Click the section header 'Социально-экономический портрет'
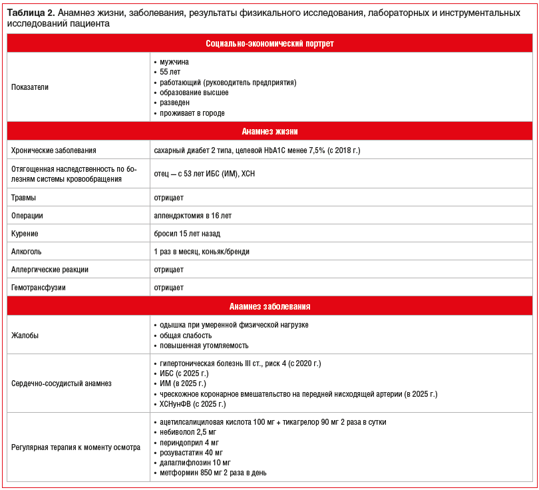point(269,43)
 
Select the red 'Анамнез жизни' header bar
point(269,131)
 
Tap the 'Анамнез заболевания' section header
point(269,306)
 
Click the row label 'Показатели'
point(30,87)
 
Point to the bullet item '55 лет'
point(170,72)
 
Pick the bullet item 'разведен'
point(174,103)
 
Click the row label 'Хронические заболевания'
point(54,150)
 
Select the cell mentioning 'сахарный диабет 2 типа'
point(257,150)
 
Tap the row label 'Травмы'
point(24,198)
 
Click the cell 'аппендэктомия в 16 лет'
point(193,216)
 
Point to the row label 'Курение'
point(25,234)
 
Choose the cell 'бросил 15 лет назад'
point(187,234)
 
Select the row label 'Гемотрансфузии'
point(38,288)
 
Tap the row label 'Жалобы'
point(25,336)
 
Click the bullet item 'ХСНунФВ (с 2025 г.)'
point(193,404)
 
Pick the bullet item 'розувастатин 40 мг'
point(191,453)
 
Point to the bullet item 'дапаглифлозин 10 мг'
point(194,463)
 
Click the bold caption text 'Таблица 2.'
point(31,13)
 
